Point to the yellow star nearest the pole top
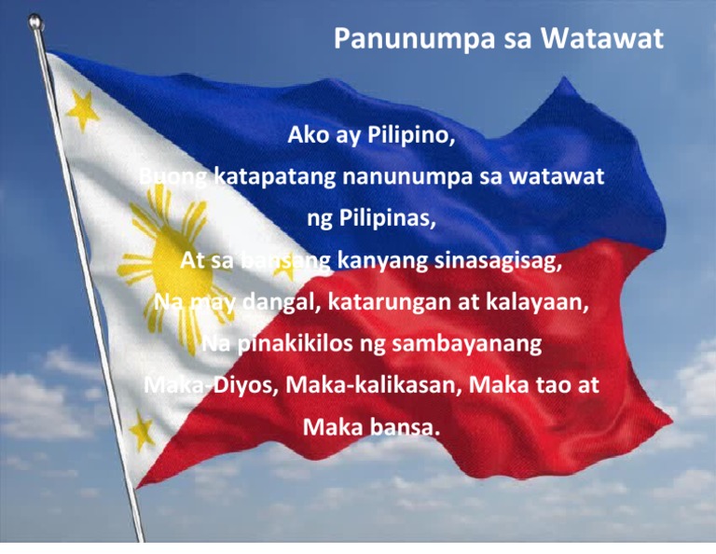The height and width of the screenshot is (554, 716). [x=82, y=109]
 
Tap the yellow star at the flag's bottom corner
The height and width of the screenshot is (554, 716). [x=141, y=430]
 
